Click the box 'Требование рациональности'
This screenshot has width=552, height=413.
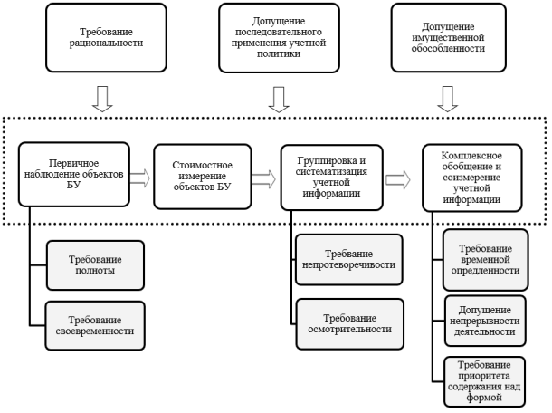[x=106, y=38]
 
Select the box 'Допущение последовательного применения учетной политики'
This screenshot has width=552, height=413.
[x=279, y=38]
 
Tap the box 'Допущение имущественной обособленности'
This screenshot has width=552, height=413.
[x=448, y=38]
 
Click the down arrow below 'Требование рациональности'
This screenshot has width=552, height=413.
[x=102, y=99]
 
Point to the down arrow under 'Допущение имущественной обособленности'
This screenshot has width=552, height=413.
[x=447, y=99]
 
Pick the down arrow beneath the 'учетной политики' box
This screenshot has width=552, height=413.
[x=279, y=100]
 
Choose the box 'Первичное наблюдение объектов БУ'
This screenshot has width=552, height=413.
[x=74, y=175]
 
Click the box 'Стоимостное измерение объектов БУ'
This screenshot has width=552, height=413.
[x=203, y=177]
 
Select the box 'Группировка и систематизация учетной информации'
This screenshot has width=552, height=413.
[x=331, y=178]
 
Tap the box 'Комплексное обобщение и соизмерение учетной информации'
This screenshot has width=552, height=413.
[x=471, y=178]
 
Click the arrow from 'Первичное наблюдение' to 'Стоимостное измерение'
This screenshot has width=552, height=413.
[x=139, y=178]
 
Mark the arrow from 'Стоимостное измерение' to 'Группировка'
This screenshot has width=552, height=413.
[x=263, y=179]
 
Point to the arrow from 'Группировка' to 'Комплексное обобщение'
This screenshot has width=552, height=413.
[x=398, y=179]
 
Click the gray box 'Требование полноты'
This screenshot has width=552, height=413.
[x=95, y=265]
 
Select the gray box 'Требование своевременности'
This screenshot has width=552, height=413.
[x=95, y=326]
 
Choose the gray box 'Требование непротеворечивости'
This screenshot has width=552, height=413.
[x=349, y=259]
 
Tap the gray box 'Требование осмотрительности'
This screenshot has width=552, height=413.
[x=350, y=324]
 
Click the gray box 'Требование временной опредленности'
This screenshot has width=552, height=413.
[x=485, y=260]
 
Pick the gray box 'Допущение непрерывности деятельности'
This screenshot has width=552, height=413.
[x=485, y=321]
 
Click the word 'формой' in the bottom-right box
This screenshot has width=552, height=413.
[x=484, y=398]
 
